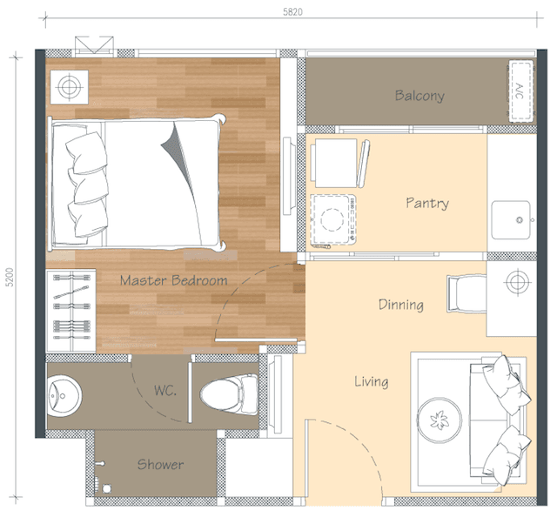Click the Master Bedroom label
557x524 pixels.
[173, 280]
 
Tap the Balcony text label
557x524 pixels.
[419, 96]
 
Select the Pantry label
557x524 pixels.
[427, 203]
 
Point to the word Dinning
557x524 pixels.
[400, 305]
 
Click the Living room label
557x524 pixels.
[372, 381]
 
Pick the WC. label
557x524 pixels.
[165, 391]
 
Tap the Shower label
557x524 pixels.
[160, 464]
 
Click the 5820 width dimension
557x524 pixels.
[292, 12]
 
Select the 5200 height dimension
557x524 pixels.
[10, 277]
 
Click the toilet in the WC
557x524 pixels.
[229, 393]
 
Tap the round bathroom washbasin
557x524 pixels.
[64, 396]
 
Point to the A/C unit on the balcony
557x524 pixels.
[521, 91]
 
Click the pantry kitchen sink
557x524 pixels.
[511, 220]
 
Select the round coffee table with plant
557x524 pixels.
[440, 420]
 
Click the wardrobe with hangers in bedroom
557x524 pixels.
[71, 311]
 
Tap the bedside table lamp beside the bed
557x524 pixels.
[70, 87]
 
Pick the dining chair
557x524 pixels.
[466, 293]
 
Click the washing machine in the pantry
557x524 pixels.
[333, 219]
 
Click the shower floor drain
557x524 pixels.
[106, 488]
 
